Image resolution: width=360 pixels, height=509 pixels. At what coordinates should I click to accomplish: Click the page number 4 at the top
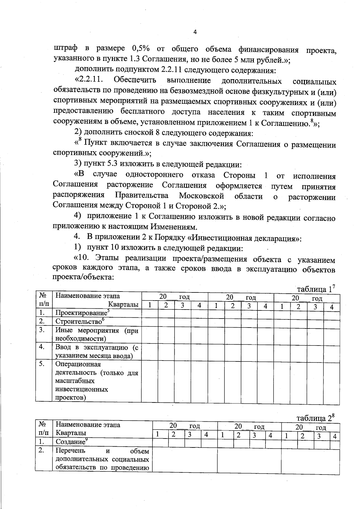point(195,32)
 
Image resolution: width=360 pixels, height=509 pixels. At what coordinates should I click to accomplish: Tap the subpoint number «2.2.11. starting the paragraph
point(89,80)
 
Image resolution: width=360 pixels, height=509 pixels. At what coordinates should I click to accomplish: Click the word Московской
point(202,196)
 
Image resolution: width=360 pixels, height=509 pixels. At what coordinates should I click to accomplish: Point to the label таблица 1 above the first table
point(315,289)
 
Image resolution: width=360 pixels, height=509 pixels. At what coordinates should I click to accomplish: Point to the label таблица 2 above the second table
point(315,418)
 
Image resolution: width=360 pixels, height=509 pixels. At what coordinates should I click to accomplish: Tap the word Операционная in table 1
point(78,364)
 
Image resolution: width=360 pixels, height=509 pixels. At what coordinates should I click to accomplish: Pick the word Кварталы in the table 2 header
point(71,433)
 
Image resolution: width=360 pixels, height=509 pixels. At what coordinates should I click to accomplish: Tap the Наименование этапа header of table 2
point(88,425)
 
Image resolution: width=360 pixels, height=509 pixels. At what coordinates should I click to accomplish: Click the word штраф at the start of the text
point(65,48)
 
